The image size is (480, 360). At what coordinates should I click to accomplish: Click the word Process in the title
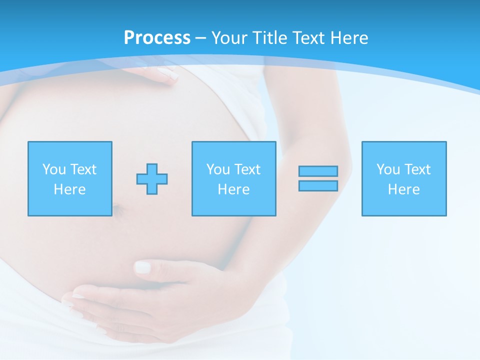(157, 38)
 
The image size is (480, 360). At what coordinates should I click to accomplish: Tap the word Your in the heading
(230, 38)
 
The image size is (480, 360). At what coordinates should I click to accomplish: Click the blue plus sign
(152, 178)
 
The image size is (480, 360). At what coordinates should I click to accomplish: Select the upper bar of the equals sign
(318, 171)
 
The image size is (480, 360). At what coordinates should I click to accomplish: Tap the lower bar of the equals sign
(318, 185)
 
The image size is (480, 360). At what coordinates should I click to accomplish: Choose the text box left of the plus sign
(69, 178)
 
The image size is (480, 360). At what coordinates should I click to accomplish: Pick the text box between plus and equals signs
(233, 178)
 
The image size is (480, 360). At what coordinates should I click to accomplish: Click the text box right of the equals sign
(403, 178)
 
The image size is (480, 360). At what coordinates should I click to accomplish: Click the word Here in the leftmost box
(69, 189)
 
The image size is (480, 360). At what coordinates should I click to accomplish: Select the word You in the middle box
(218, 169)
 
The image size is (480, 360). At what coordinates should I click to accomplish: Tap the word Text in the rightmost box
(418, 169)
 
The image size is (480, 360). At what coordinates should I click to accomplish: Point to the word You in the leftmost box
(54, 169)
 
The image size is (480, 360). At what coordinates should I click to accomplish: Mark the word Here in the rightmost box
(403, 189)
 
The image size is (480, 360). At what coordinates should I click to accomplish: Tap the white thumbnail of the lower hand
(142, 267)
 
